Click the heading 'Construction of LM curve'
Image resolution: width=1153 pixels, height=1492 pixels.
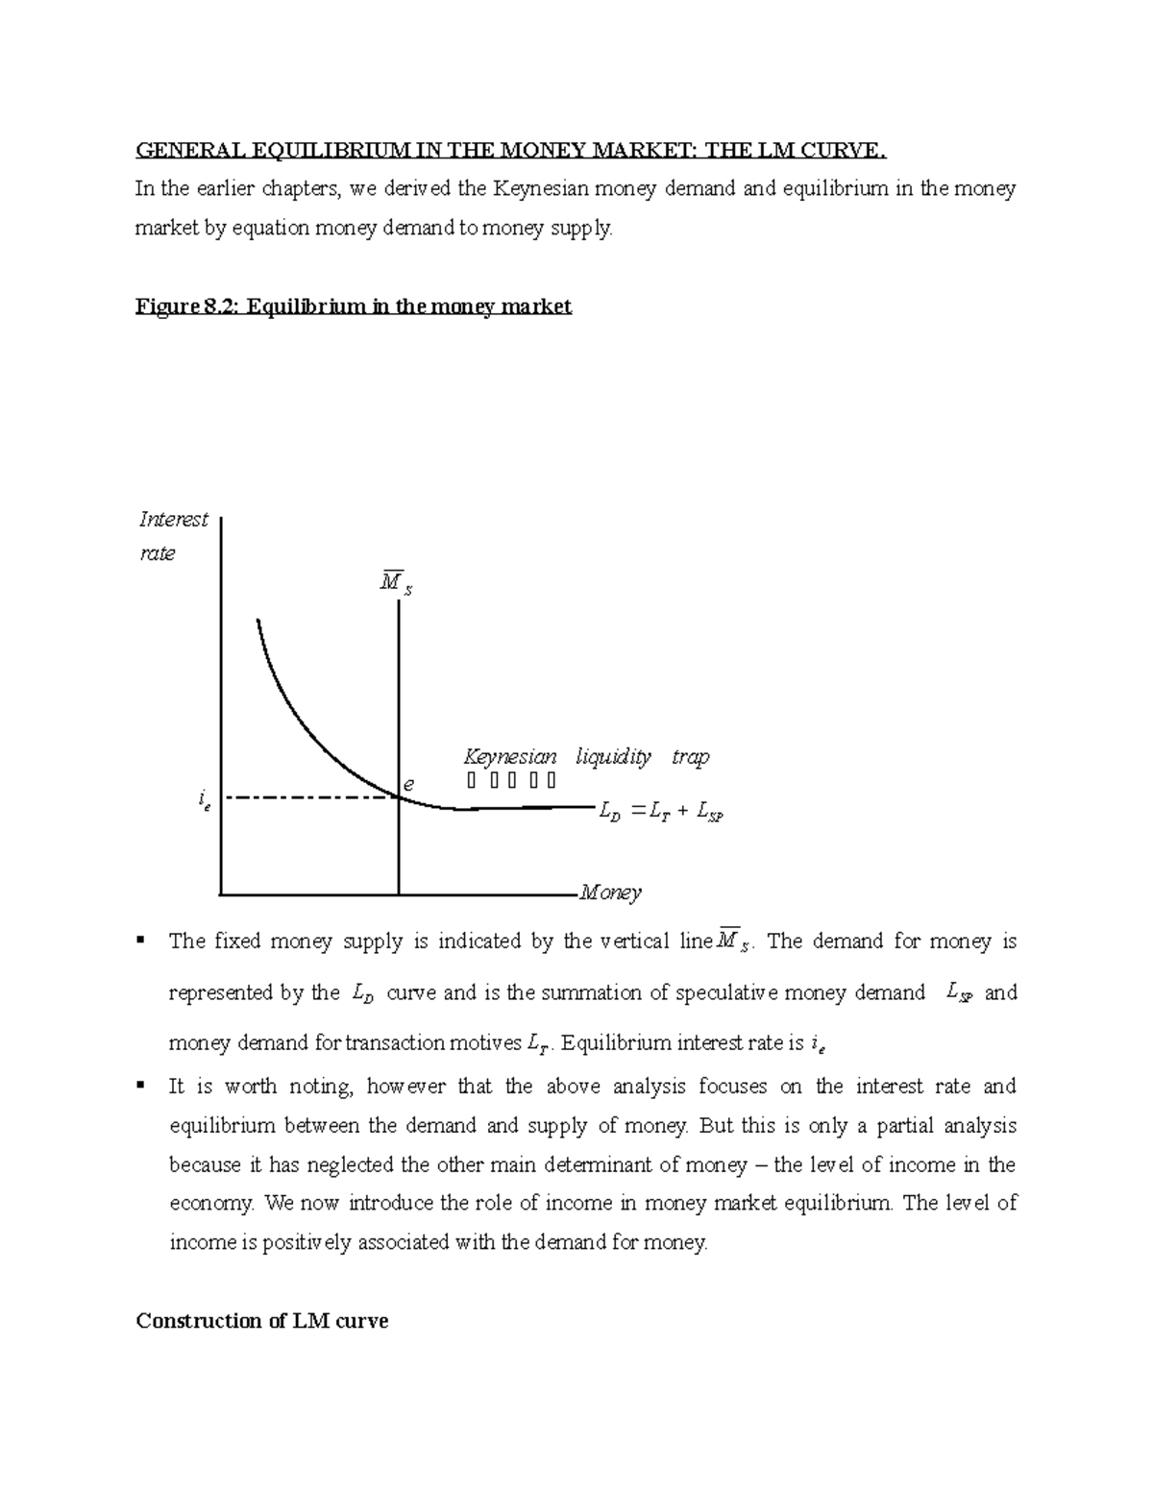tap(261, 1321)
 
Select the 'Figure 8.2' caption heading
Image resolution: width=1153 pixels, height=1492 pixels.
tap(354, 306)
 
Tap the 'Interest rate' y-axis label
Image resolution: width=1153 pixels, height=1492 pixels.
tap(173, 536)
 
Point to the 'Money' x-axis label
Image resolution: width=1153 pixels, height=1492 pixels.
tap(609, 893)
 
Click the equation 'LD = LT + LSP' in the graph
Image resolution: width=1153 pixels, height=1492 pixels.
tap(659, 813)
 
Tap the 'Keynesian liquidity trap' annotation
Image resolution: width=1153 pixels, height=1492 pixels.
tap(586, 757)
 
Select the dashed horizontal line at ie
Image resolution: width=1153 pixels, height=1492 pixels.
tap(307, 797)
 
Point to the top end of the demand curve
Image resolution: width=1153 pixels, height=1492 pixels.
tap(258, 621)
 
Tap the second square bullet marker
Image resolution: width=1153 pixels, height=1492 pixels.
tap(142, 1085)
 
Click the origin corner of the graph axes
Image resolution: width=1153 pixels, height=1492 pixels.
tap(221, 894)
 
